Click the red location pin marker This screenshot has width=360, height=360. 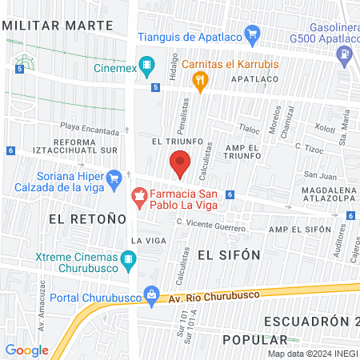click(x=180, y=164)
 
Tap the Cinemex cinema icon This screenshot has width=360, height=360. click(x=146, y=64)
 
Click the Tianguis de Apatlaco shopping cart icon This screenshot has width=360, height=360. click(x=254, y=34)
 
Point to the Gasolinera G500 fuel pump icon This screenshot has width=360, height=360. click(x=345, y=54)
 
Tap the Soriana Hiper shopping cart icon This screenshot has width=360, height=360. click(x=113, y=177)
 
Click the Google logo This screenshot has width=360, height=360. click(x=26, y=350)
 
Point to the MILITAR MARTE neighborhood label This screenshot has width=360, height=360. click(x=58, y=24)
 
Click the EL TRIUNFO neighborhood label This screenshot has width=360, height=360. click(x=169, y=139)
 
